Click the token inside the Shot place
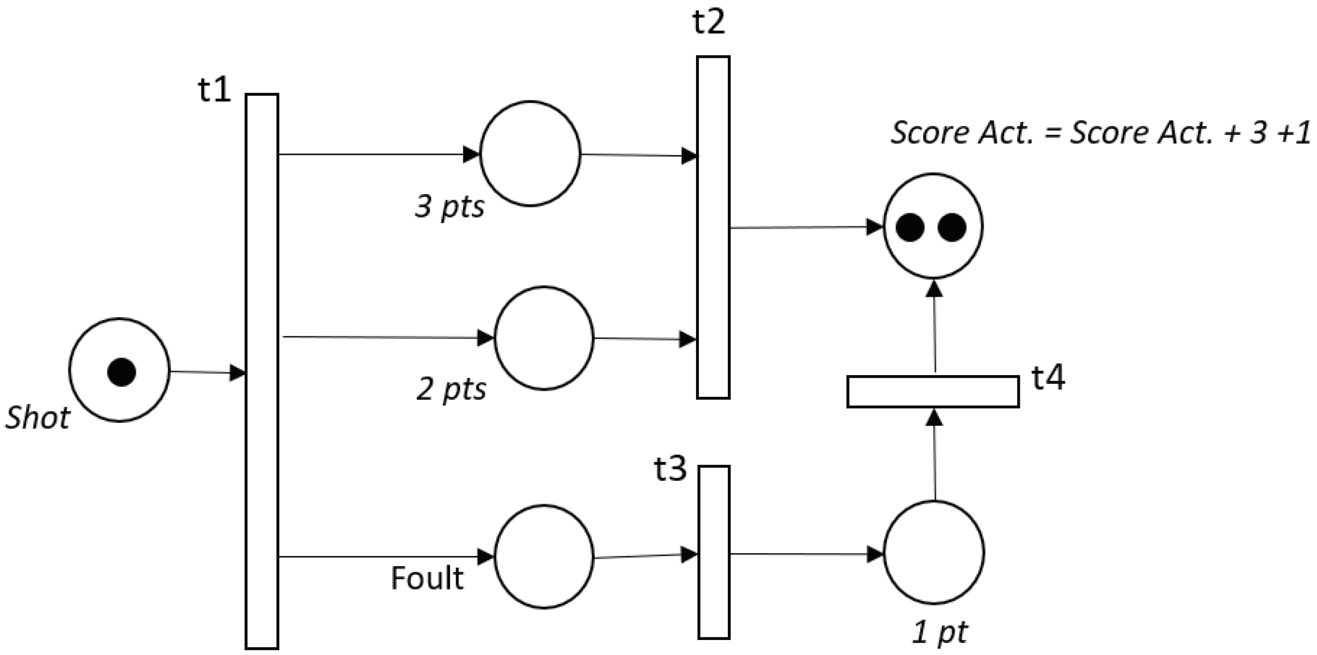coord(121,372)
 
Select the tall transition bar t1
coord(262,371)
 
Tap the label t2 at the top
coord(708,22)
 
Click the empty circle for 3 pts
coord(530,154)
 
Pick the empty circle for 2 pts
coord(544,338)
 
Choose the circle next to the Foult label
coord(544,556)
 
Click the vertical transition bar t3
coord(714,552)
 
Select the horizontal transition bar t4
coord(933,392)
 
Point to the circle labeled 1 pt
coord(934,552)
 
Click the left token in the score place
coord(910,228)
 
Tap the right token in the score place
coord(952,228)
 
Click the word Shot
coord(38,418)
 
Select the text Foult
coord(427,578)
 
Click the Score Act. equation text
coord(1100,134)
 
